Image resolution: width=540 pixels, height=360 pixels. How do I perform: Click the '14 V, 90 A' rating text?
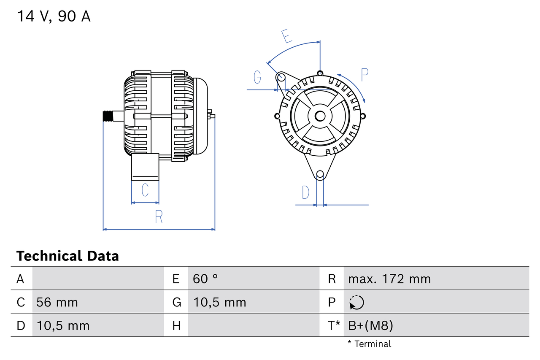54,16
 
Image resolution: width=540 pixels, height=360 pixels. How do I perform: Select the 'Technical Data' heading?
67,256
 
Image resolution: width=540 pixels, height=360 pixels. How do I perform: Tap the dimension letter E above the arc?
287,36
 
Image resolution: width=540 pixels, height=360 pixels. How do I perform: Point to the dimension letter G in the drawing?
257,77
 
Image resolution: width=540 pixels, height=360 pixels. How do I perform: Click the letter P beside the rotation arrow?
364,75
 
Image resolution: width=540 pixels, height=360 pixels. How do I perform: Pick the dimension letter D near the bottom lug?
305,192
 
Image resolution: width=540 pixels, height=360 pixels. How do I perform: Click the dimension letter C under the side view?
145,190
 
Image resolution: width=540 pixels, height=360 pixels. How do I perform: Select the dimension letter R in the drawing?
159,217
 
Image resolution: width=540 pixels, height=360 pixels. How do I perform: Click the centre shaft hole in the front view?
320,116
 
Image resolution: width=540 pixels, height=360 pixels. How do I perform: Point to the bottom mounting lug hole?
320,174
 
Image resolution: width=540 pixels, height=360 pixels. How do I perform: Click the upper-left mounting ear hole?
281,77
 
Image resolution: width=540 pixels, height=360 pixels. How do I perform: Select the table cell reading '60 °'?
205,279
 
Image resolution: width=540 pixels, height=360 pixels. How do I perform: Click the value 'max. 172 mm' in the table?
389,279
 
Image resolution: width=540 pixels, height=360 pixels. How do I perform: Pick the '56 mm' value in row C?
57,302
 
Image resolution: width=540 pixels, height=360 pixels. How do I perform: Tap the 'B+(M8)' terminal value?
371,325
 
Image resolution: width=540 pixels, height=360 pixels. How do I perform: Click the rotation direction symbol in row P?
356,302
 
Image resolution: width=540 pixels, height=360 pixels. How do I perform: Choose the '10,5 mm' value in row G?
219,302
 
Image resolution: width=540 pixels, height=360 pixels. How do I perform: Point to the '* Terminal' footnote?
370,344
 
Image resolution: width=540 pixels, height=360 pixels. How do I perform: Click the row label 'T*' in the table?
334,325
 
